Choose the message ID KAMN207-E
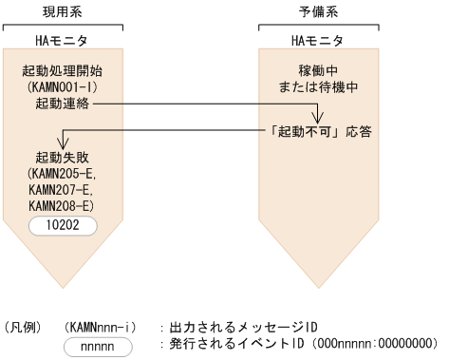point(62,190)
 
